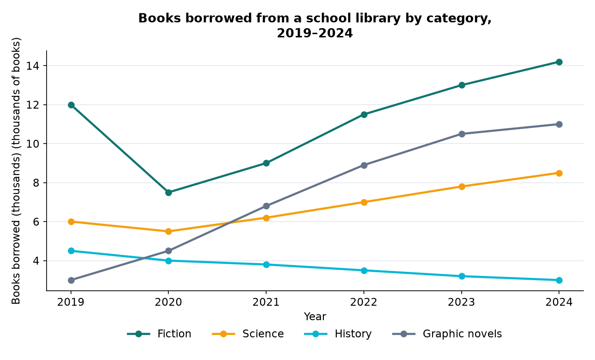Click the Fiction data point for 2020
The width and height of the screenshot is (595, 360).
tap(168, 192)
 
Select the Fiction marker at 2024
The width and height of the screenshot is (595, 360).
tap(559, 62)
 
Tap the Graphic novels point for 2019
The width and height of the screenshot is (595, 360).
tap(71, 280)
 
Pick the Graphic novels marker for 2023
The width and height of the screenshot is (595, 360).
tap(462, 134)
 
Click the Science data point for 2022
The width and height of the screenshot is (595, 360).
tap(364, 202)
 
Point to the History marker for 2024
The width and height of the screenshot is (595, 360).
tap(559, 280)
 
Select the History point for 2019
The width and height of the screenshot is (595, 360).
tap(71, 251)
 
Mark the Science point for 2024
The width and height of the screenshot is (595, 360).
tap(559, 173)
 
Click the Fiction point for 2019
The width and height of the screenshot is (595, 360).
tap(71, 105)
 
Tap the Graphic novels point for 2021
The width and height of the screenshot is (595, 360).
tap(266, 206)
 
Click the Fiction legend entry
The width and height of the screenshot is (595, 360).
tap(159, 334)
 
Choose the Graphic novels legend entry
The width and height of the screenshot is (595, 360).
tap(447, 334)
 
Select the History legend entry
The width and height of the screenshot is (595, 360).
tap(338, 334)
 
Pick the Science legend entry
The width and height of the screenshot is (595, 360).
tap(248, 334)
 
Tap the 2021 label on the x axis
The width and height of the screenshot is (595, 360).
tap(266, 302)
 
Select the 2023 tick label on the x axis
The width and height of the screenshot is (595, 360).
tap(461, 302)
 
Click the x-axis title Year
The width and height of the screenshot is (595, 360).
tap(315, 317)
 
